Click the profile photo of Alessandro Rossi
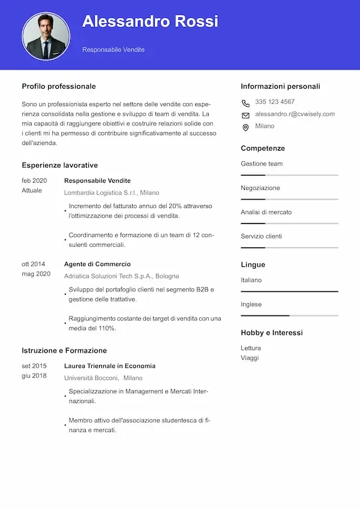tap(46, 35)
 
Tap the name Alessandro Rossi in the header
tap(150, 22)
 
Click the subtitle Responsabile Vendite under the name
tap(113, 50)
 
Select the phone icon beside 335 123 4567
tap(245, 103)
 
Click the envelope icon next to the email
tap(245, 115)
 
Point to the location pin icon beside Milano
tap(245, 127)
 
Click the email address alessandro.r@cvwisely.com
tap(295, 114)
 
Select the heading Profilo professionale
tap(59, 86)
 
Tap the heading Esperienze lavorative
tap(59, 165)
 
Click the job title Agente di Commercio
tap(97, 264)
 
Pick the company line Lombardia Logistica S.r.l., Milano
tap(112, 193)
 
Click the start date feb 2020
tap(34, 180)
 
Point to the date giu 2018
tap(34, 375)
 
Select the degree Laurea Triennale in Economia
tap(110, 366)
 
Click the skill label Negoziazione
tap(260, 188)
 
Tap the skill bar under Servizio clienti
tap(289, 247)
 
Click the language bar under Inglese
tap(289, 315)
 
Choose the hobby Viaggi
tap(250, 357)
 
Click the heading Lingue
tap(253, 264)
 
